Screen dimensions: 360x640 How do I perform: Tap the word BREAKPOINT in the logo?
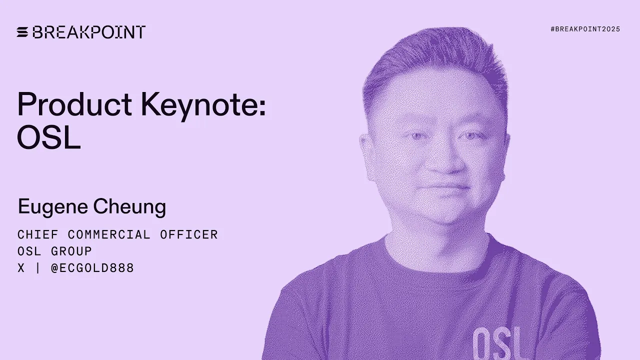coord(89,32)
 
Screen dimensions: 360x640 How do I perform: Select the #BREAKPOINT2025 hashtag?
coord(585,29)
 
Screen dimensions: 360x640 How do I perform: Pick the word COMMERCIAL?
coord(109,234)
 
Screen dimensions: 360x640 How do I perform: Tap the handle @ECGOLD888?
coord(92,268)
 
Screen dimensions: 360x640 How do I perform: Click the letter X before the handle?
coord(21,268)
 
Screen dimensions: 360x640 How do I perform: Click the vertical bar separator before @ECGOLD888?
coord(37,268)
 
